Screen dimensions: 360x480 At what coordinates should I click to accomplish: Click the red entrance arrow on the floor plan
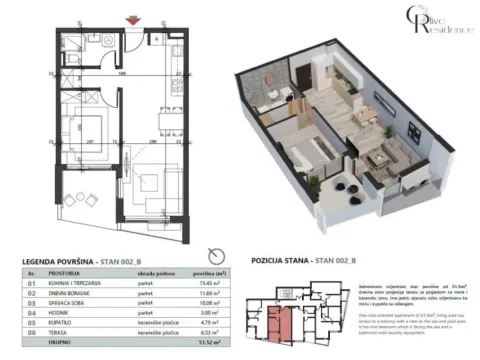126,13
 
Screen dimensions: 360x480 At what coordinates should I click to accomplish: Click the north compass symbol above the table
208,251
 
